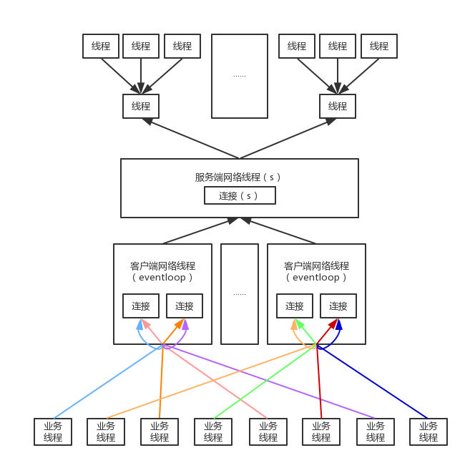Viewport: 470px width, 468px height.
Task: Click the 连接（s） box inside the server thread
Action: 240,195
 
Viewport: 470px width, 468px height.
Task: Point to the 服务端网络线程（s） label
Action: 238,177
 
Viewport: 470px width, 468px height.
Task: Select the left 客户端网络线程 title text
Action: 162,266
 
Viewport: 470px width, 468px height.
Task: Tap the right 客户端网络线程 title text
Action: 316,266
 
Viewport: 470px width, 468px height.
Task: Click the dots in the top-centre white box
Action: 239,75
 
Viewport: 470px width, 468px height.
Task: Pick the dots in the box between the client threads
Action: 239,293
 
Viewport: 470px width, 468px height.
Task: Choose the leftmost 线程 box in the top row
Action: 101,46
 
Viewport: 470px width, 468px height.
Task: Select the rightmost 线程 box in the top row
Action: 378,46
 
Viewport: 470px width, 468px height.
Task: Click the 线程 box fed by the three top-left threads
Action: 141,106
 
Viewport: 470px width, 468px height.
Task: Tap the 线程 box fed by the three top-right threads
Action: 338,106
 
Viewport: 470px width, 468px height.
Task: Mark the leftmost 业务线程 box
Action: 53,432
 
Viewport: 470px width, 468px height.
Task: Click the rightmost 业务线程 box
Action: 429,432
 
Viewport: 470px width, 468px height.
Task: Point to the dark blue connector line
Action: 372,383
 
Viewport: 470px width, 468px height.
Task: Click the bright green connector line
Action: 265,383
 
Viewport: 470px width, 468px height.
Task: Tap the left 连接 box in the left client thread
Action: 141,306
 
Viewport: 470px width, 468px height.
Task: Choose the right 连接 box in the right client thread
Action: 338,306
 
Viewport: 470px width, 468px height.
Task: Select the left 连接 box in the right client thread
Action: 295,306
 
